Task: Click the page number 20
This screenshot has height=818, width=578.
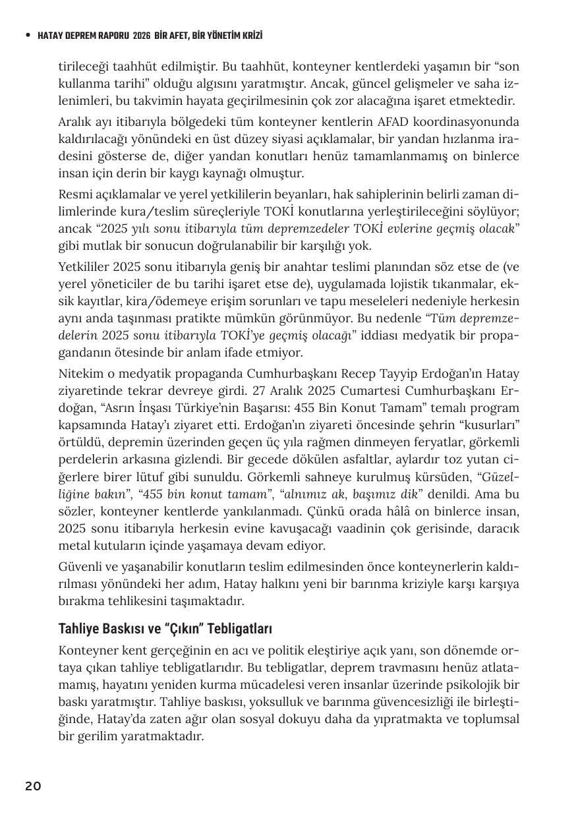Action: pos(33,786)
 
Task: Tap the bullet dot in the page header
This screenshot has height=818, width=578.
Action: pos(27,36)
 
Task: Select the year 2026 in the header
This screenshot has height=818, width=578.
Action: pos(141,36)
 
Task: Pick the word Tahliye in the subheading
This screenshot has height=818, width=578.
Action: pos(78,628)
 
